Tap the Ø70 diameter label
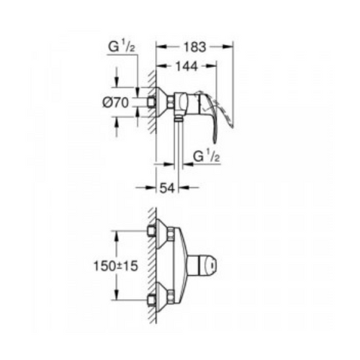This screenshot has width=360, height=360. point(117,102)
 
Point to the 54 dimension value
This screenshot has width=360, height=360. point(168,188)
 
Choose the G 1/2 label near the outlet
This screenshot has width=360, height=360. point(207,156)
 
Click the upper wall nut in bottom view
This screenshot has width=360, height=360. point(153,231)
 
